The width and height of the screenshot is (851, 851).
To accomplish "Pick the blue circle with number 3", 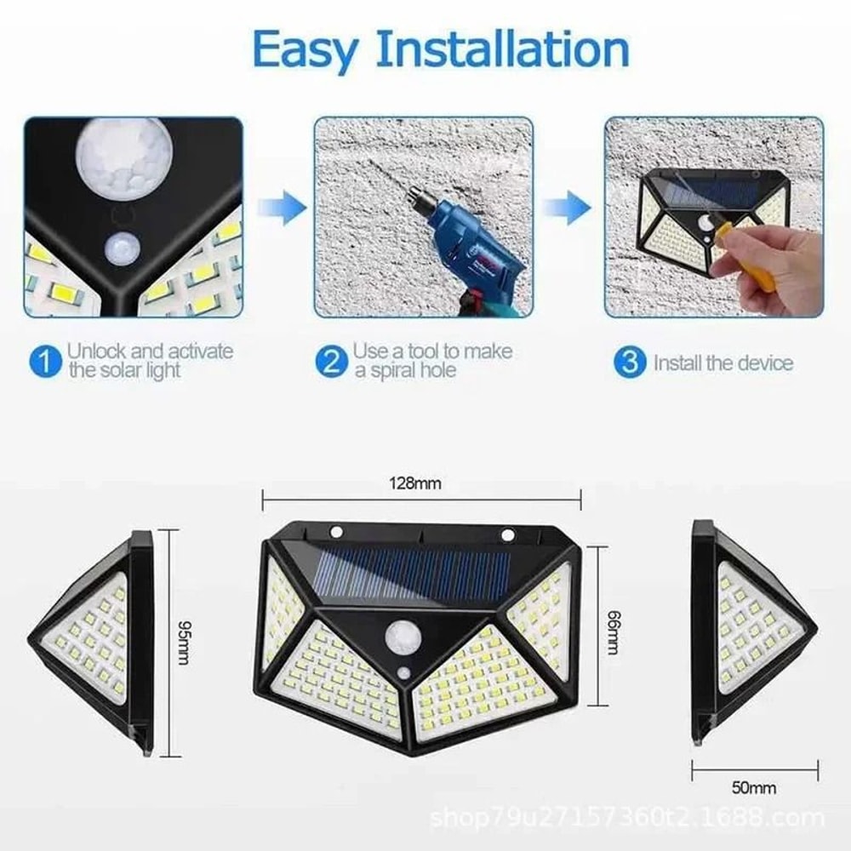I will [629, 363].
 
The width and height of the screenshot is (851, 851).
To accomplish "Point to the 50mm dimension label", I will [755, 788].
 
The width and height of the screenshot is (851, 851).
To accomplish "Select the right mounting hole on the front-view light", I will [509, 535].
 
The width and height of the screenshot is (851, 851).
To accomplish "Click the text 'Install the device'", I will [722, 363].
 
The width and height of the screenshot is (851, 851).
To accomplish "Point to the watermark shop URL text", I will [628, 820].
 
